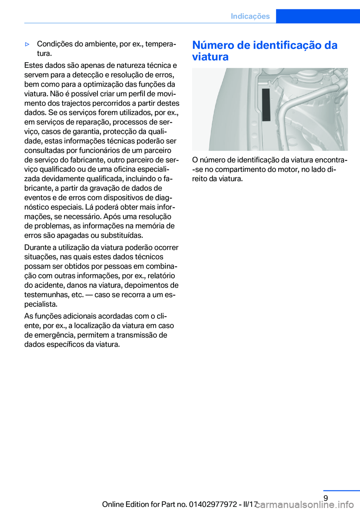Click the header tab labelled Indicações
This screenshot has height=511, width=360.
pos(250,16)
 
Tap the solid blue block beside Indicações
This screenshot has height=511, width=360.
pos(318,16)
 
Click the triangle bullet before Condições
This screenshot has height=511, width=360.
pos(27,44)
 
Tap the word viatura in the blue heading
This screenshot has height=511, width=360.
pos(210,57)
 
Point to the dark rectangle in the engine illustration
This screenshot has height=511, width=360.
pos(266,105)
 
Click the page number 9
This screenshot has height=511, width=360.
pos(325,498)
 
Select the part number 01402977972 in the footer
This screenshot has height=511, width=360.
pos(213,504)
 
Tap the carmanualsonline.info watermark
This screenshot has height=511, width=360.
pos(304,505)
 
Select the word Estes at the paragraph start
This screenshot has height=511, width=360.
pos(33,65)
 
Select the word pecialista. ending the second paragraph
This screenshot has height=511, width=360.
pos(41,304)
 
